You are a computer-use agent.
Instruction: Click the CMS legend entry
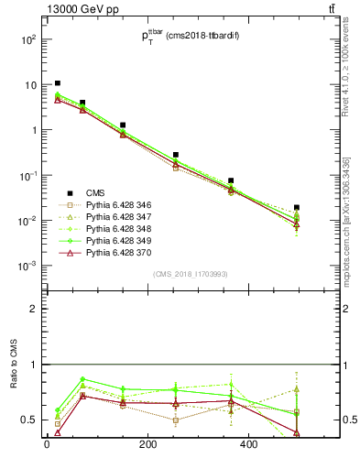click(x=96, y=193)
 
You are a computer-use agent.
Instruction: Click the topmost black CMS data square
click(x=58, y=83)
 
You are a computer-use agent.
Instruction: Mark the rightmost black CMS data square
click(x=296, y=208)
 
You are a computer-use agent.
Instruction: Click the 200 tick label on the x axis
click(x=148, y=446)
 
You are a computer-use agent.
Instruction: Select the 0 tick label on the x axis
click(x=47, y=446)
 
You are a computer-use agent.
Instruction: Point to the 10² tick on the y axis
click(x=29, y=40)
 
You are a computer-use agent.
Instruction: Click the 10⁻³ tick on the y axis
click(x=29, y=266)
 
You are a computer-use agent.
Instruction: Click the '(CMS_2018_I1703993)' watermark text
click(x=191, y=274)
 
